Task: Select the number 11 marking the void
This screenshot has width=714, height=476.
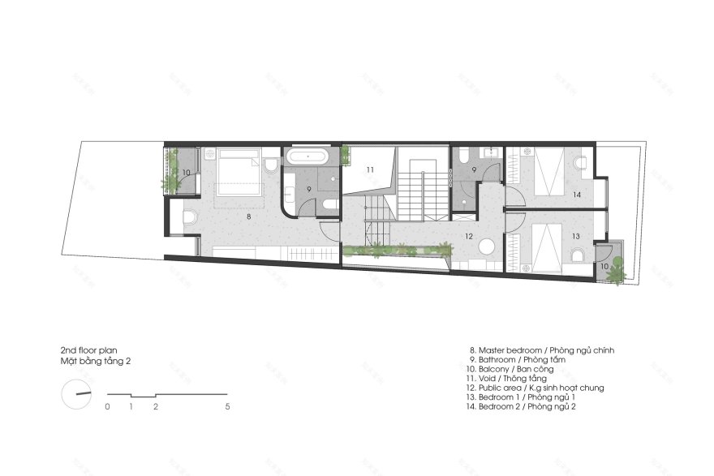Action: (x=368, y=169)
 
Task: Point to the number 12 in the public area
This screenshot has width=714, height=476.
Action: (x=468, y=236)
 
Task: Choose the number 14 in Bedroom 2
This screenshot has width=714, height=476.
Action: (x=576, y=195)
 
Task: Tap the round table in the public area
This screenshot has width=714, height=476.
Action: (x=487, y=248)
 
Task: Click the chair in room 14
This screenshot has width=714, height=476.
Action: (x=580, y=164)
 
